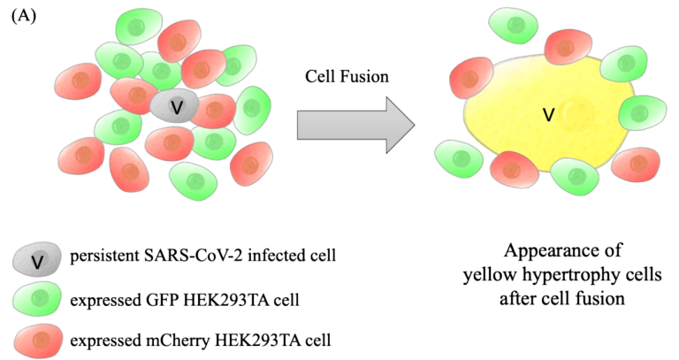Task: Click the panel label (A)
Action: pos(24,17)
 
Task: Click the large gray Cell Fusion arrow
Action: pos(356,126)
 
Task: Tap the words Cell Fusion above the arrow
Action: pos(347,77)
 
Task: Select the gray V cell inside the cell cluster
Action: pos(174,106)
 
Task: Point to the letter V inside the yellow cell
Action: pos(549,115)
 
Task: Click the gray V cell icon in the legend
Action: pos(37,259)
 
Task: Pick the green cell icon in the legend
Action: pos(37,299)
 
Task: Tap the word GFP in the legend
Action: pos(165,300)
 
